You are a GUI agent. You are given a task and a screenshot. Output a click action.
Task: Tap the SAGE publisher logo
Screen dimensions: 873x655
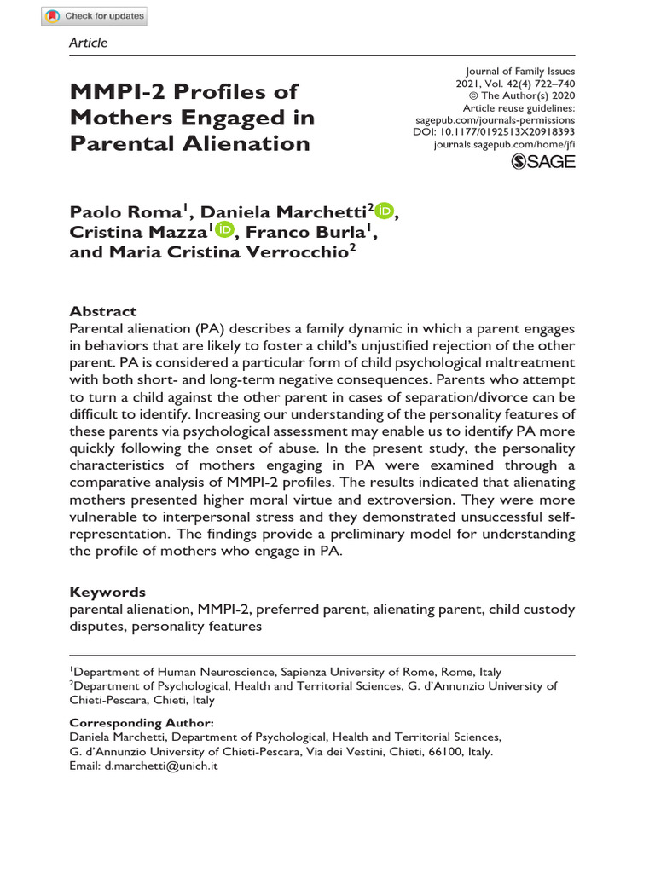[543, 161]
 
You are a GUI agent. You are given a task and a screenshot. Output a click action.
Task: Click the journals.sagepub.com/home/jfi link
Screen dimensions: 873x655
[505, 146]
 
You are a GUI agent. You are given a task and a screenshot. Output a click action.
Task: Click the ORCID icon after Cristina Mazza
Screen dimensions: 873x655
[224, 229]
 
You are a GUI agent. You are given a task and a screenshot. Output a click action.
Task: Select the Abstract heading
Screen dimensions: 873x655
[102, 311]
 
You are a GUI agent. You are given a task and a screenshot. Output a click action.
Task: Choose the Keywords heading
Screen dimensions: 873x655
[107, 592]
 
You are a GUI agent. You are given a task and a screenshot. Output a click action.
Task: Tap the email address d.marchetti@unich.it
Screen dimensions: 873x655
[159, 766]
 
